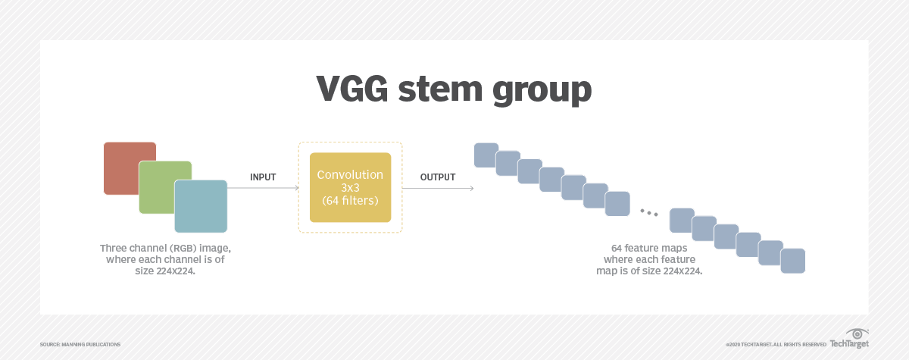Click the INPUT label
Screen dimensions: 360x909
pos(263,177)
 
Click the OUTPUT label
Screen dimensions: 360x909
pos(438,177)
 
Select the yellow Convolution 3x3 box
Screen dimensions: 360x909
pos(350,187)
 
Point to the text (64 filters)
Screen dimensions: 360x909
pos(350,200)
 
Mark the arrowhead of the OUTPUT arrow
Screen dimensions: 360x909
pos(471,189)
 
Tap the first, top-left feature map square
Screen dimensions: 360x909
pos(486,155)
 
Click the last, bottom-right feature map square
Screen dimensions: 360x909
pos(793,260)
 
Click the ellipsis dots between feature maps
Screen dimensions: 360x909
pos(648,211)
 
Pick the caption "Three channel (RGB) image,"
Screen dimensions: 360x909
pos(166,249)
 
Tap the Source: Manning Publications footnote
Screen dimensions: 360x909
pos(80,344)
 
